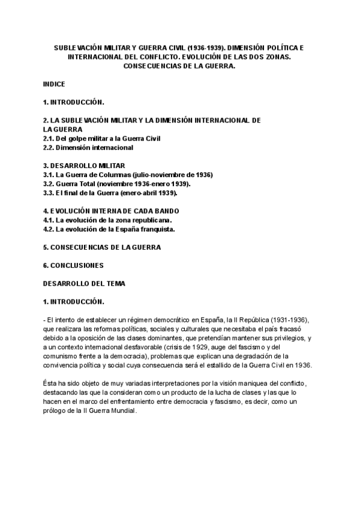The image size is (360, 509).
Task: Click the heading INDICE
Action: (54, 85)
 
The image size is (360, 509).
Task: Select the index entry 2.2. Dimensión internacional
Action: (88, 147)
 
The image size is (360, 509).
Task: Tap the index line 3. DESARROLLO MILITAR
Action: (84, 164)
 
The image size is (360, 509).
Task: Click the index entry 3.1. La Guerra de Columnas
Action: (128, 175)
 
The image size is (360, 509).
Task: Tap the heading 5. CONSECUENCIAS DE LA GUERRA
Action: (102, 247)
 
